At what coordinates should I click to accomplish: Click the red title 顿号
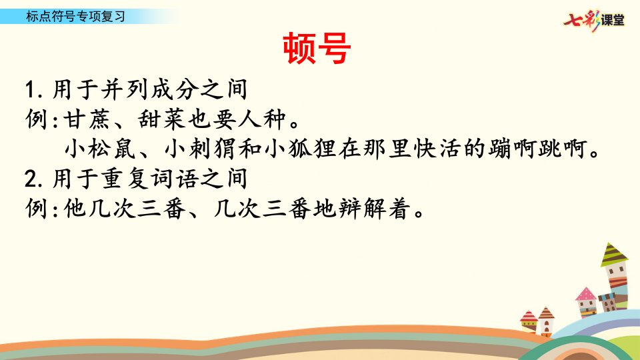317,48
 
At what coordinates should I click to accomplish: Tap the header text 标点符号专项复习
75,16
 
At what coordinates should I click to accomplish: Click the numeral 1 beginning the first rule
31,89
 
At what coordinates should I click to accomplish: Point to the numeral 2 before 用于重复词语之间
31,179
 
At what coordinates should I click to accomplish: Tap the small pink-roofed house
586,301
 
